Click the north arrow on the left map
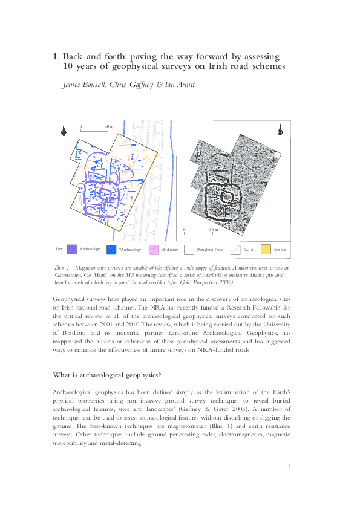click(63, 129)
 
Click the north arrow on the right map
click(280, 129)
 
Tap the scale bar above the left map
click(94, 129)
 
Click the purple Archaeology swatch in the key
click(71, 249)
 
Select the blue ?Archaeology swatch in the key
click(111, 249)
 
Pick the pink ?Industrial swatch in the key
click(154, 249)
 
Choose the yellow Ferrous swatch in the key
click(266, 249)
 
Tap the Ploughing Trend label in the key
click(211, 249)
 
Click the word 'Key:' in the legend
click(59, 249)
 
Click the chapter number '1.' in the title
click(56, 57)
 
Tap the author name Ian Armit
click(180, 85)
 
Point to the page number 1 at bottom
click(290, 467)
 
